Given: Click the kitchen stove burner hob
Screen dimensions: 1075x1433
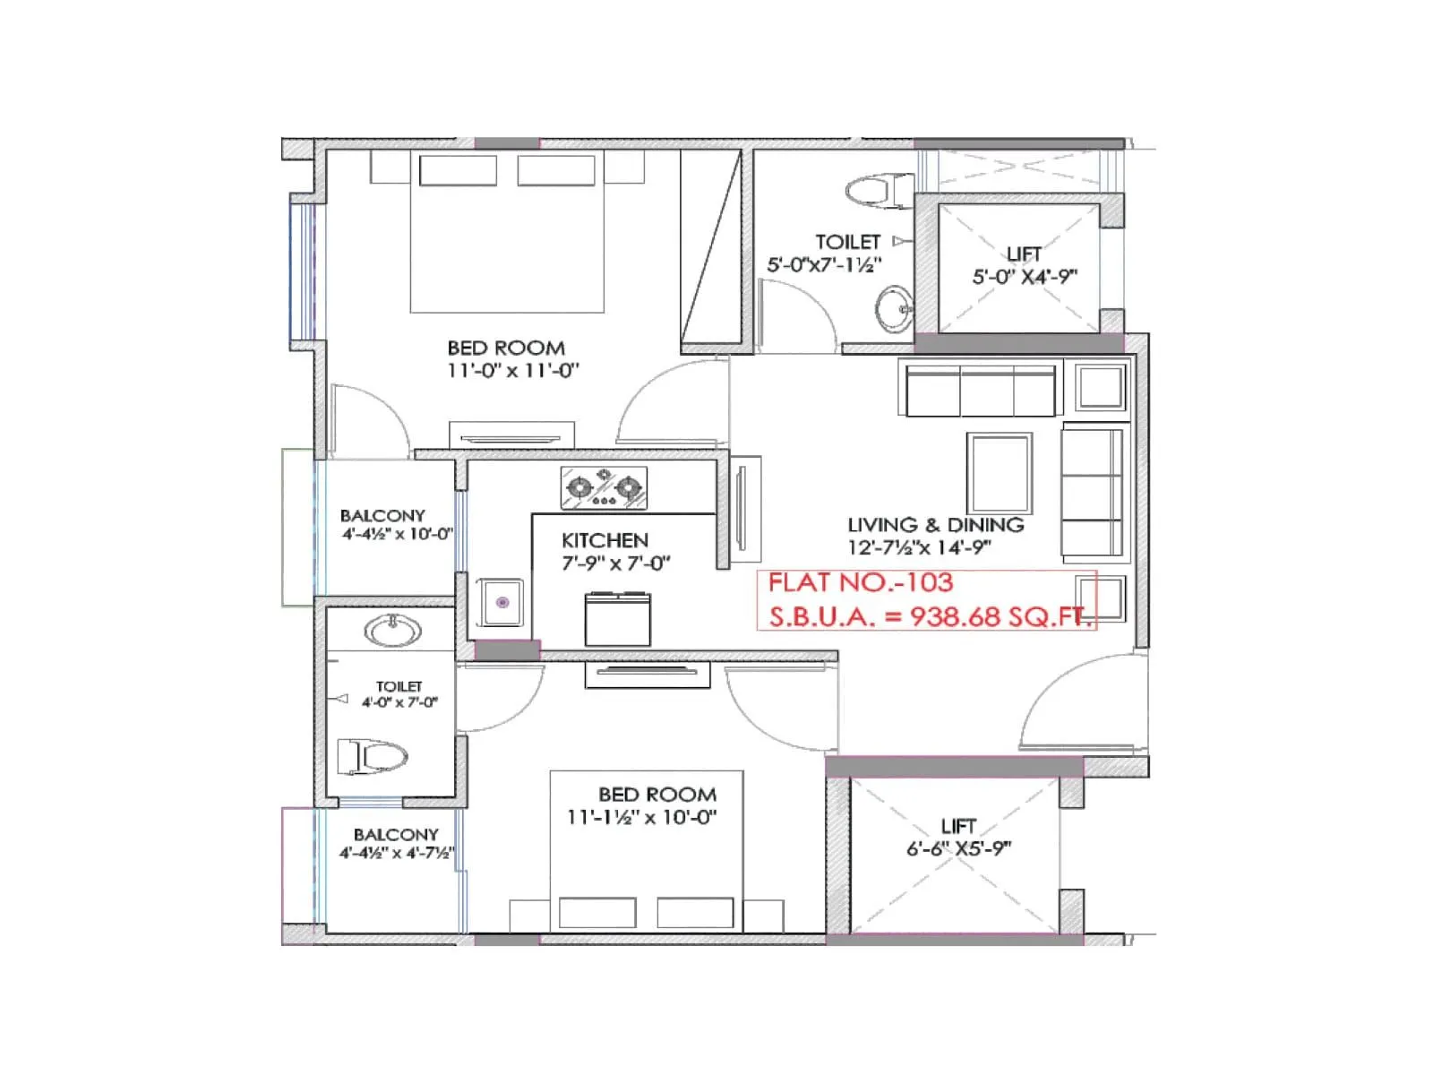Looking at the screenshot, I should coord(604,488).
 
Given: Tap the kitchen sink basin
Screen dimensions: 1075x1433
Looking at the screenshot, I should coord(502,602).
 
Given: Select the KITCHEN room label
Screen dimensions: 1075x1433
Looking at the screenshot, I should coord(605,540).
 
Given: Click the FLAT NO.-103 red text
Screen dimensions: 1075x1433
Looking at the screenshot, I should coord(860,583).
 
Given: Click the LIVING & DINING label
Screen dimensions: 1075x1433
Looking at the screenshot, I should coord(935,525).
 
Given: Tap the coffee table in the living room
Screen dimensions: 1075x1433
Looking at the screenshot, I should coord(999,472).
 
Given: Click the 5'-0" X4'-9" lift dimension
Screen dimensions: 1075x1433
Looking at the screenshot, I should coord(1025,277).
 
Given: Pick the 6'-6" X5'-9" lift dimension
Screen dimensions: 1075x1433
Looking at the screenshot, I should coord(958,848).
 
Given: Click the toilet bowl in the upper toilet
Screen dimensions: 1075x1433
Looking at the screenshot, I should coord(868,190).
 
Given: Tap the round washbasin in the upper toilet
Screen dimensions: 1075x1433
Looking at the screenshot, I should coord(893,309).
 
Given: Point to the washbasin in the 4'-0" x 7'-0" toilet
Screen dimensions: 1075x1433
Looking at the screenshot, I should coord(392,631).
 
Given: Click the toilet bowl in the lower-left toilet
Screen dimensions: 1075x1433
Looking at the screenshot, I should coord(373,757).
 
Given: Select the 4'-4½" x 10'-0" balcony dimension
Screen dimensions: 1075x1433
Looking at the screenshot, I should coord(397,534).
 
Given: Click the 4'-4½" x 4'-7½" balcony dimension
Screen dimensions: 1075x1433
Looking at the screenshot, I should coord(397,853).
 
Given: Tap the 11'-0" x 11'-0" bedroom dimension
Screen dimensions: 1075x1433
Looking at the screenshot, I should coord(513,370).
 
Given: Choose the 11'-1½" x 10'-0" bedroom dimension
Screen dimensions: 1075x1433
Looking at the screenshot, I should coord(641,817).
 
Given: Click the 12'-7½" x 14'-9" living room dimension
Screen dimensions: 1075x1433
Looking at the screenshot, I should coord(919,547).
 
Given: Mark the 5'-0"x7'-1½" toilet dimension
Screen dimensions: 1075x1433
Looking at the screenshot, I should coord(824,265).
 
